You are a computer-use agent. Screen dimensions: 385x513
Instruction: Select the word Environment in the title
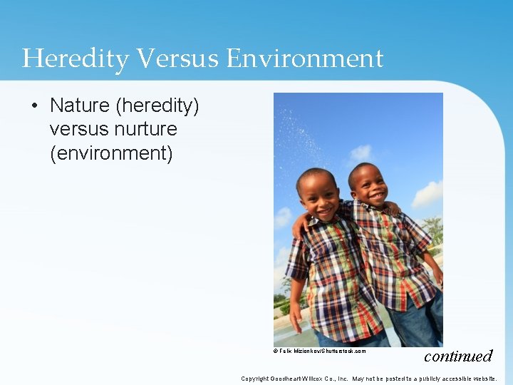point(305,58)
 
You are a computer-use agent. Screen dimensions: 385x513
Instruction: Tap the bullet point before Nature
point(35,106)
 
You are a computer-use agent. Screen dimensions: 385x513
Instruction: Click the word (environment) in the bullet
point(111,153)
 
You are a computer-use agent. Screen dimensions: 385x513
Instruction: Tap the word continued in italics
point(458,355)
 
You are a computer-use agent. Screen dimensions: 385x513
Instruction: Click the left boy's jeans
point(335,339)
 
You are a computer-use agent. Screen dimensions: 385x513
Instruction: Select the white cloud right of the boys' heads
point(427,194)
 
